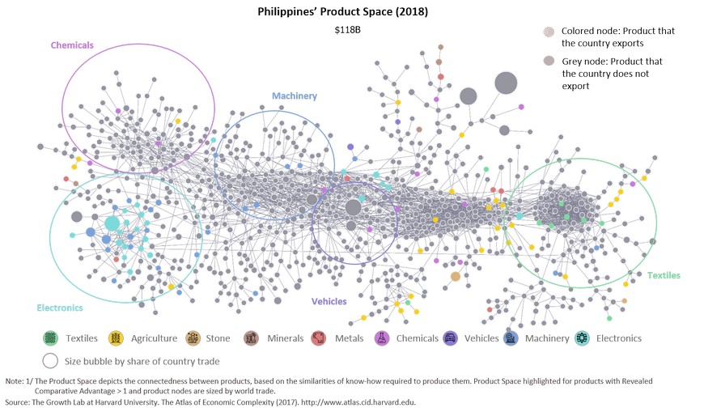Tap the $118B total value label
click(349, 30)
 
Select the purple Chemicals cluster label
click(72, 45)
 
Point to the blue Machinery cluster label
click(294, 96)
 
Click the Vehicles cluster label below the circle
click(329, 301)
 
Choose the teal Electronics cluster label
click(60, 308)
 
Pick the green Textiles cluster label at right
click(664, 275)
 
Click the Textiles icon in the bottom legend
click(51, 338)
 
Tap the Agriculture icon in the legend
click(116, 338)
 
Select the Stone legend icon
click(193, 338)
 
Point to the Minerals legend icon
click(252, 338)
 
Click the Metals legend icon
click(319, 338)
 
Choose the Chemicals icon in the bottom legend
click(381, 338)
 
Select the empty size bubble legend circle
click(51, 361)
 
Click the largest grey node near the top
click(506, 83)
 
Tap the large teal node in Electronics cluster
click(112, 223)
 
